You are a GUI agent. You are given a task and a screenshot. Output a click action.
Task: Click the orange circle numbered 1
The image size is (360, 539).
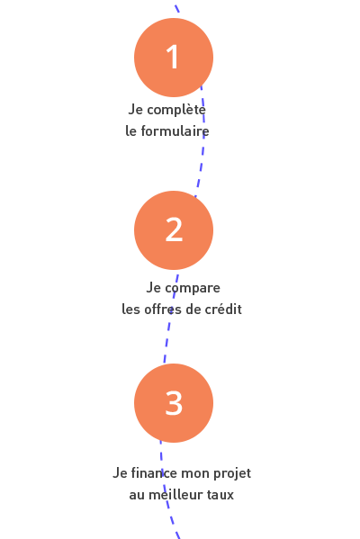click(x=174, y=58)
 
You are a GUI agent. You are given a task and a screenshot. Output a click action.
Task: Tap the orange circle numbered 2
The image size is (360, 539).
click(x=174, y=230)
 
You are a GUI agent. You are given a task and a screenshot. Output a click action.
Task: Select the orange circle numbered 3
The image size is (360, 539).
click(x=174, y=403)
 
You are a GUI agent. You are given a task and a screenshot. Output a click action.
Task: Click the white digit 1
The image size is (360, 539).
click(x=173, y=57)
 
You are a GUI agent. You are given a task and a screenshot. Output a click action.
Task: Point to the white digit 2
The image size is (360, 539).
click(x=174, y=229)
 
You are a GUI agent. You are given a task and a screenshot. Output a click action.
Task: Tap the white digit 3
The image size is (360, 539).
click(x=174, y=402)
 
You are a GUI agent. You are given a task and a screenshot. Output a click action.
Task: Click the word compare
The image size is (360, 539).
click(x=193, y=289)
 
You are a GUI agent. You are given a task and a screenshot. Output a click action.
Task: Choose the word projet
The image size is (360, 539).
click(x=232, y=474)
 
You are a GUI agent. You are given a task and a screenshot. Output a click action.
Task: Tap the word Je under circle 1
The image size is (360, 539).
click(x=136, y=110)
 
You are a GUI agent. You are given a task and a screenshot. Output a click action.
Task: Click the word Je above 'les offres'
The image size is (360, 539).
click(x=154, y=288)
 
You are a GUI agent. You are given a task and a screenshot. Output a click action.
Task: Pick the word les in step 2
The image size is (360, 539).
click(x=131, y=309)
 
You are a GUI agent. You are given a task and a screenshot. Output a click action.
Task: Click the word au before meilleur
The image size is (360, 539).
click(x=137, y=495)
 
